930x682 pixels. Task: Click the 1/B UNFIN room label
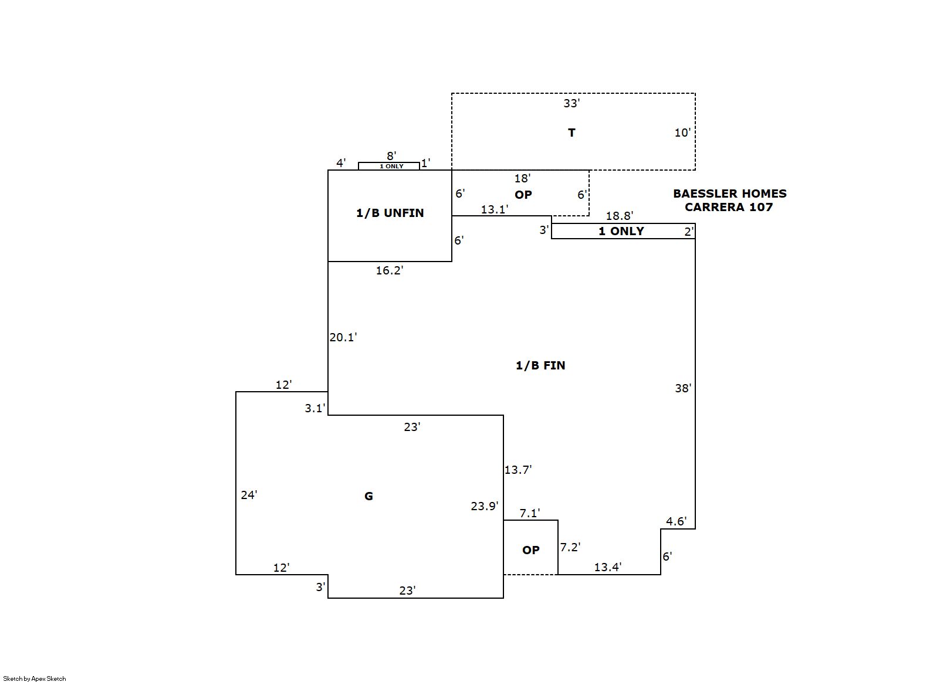click(390, 213)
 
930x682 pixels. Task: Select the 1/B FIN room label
click(540, 365)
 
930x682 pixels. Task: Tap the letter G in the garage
click(368, 496)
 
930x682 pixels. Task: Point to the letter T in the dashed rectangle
click(571, 133)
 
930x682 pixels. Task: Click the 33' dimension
click(571, 103)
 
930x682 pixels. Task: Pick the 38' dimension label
click(683, 388)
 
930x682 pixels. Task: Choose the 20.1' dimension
click(343, 337)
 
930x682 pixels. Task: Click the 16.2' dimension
click(390, 270)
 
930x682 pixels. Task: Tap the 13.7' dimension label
click(518, 470)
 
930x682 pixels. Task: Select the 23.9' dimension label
click(485, 505)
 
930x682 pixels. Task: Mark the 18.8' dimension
click(620, 216)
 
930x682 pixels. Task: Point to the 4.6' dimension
click(677, 521)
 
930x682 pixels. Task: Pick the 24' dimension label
click(249, 494)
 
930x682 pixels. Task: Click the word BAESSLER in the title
click(704, 194)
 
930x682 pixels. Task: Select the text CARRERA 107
click(729, 206)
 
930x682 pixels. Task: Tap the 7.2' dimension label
click(570, 547)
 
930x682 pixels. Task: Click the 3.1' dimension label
click(315, 408)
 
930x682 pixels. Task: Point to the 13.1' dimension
click(495, 209)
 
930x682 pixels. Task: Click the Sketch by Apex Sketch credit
click(35, 678)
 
